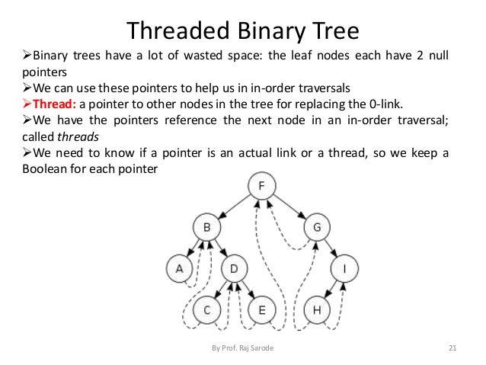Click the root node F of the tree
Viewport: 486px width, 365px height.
(x=261, y=185)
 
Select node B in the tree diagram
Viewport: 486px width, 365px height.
(x=205, y=227)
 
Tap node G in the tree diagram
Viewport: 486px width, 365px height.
(x=316, y=227)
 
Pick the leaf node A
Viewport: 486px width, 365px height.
(x=179, y=268)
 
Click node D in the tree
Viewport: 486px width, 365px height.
(x=234, y=268)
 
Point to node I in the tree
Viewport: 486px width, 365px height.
(x=344, y=268)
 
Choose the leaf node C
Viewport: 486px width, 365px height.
(x=205, y=310)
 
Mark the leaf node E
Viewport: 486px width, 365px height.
(x=261, y=310)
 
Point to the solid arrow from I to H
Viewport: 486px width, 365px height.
(x=330, y=290)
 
